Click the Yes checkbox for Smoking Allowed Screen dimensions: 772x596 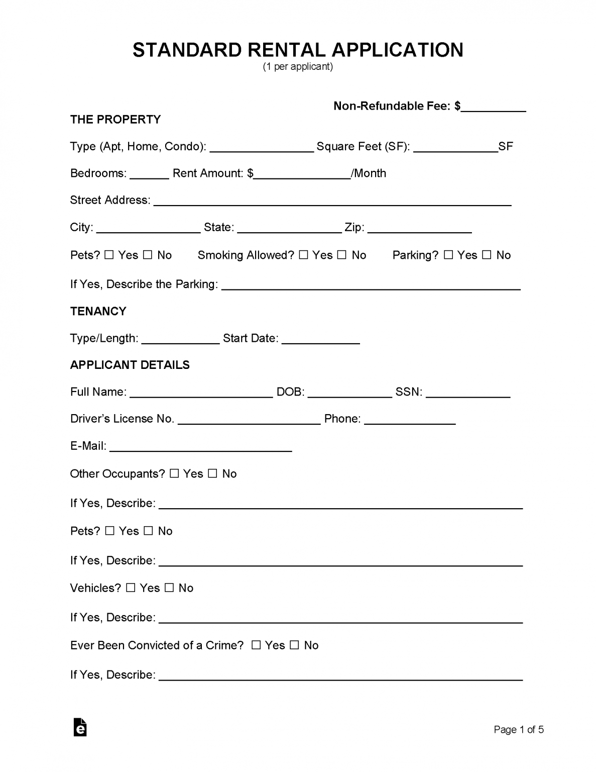coord(303,255)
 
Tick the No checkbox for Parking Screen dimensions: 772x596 coord(487,255)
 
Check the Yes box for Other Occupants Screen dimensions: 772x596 coord(174,473)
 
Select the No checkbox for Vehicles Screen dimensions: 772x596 coord(169,588)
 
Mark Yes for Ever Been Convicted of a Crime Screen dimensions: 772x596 coord(256,645)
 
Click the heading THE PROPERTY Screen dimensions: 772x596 coord(115,120)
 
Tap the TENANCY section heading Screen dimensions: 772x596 coord(98,311)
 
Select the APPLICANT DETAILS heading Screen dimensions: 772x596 coord(130,365)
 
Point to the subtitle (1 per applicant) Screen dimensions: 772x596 coord(298,66)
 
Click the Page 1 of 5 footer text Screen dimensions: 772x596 coord(519,730)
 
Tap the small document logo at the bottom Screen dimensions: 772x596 coord(80,727)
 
